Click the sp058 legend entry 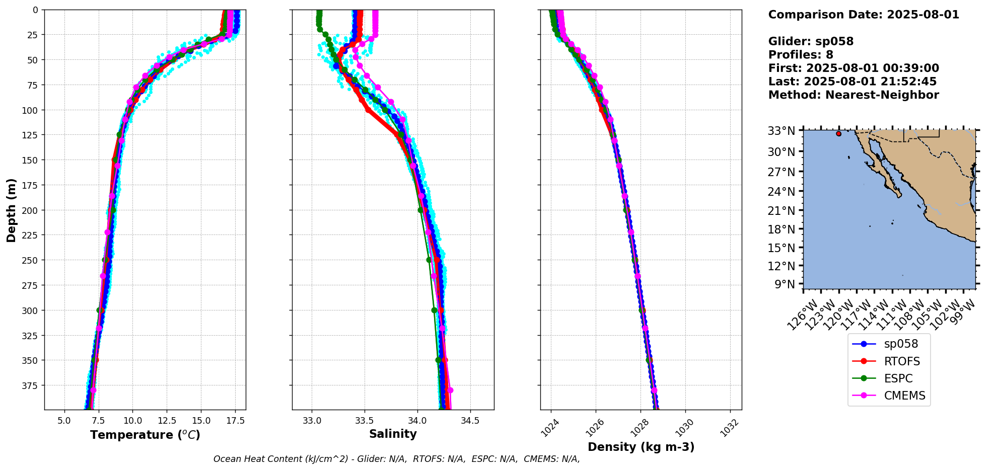[889, 344]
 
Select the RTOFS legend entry [889, 361]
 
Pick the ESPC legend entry [889, 378]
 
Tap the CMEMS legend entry [889, 396]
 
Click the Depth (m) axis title [11, 210]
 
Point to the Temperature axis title [145, 435]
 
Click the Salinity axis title [393, 434]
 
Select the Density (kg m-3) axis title [641, 447]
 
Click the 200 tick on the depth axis [31, 210]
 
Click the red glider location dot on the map [838, 133]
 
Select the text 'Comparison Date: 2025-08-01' [864, 15]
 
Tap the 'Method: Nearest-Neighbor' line [853, 95]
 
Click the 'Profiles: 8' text [801, 55]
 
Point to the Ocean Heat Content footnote [396, 459]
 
